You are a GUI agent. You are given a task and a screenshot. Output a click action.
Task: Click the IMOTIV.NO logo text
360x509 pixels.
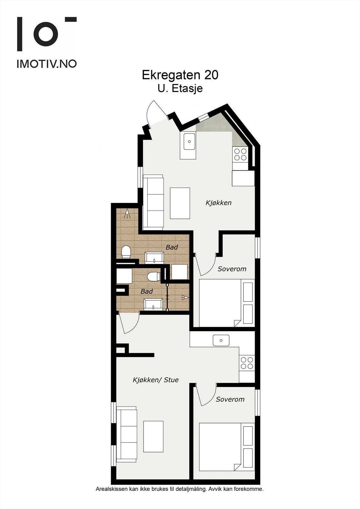click(x=46, y=64)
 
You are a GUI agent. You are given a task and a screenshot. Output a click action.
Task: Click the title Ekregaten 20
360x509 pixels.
click(x=180, y=75)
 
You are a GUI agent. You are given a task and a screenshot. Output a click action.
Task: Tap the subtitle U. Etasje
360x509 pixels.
click(x=180, y=88)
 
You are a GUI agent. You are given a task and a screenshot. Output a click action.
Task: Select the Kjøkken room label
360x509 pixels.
click(x=218, y=203)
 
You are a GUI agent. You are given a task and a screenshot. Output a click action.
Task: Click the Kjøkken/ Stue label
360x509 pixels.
click(x=155, y=380)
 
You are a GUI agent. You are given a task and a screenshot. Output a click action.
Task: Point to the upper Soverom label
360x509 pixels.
click(x=232, y=269)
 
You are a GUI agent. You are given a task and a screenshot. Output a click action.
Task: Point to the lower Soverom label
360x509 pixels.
click(x=230, y=399)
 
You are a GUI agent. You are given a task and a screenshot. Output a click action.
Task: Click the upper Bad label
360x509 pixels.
click(x=172, y=247)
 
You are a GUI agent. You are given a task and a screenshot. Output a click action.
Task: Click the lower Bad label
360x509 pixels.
click(x=146, y=291)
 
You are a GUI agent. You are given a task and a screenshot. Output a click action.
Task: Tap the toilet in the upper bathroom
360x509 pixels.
click(x=126, y=252)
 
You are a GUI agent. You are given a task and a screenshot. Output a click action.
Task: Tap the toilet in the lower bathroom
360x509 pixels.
click(x=154, y=276)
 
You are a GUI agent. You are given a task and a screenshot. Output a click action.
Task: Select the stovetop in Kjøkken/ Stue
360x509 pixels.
click(x=247, y=363)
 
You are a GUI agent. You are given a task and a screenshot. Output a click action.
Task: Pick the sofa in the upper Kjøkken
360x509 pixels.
click(x=153, y=202)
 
